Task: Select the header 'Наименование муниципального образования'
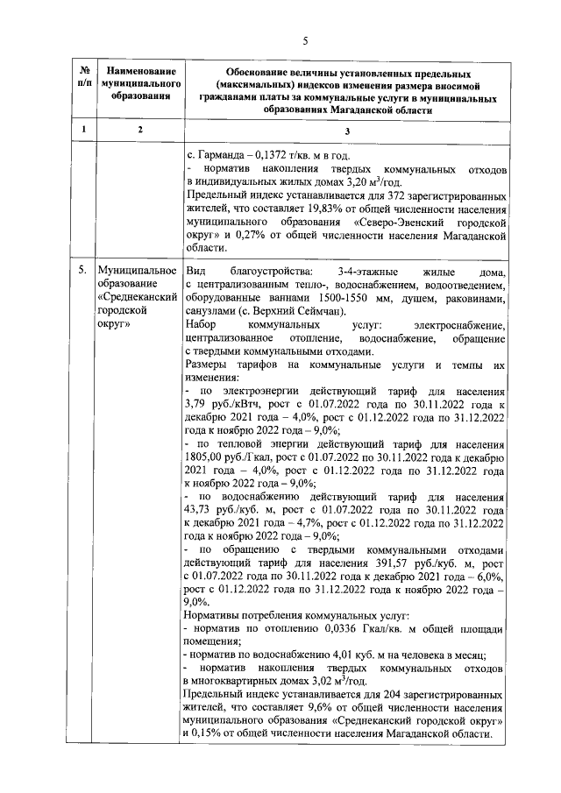click(x=138, y=82)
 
